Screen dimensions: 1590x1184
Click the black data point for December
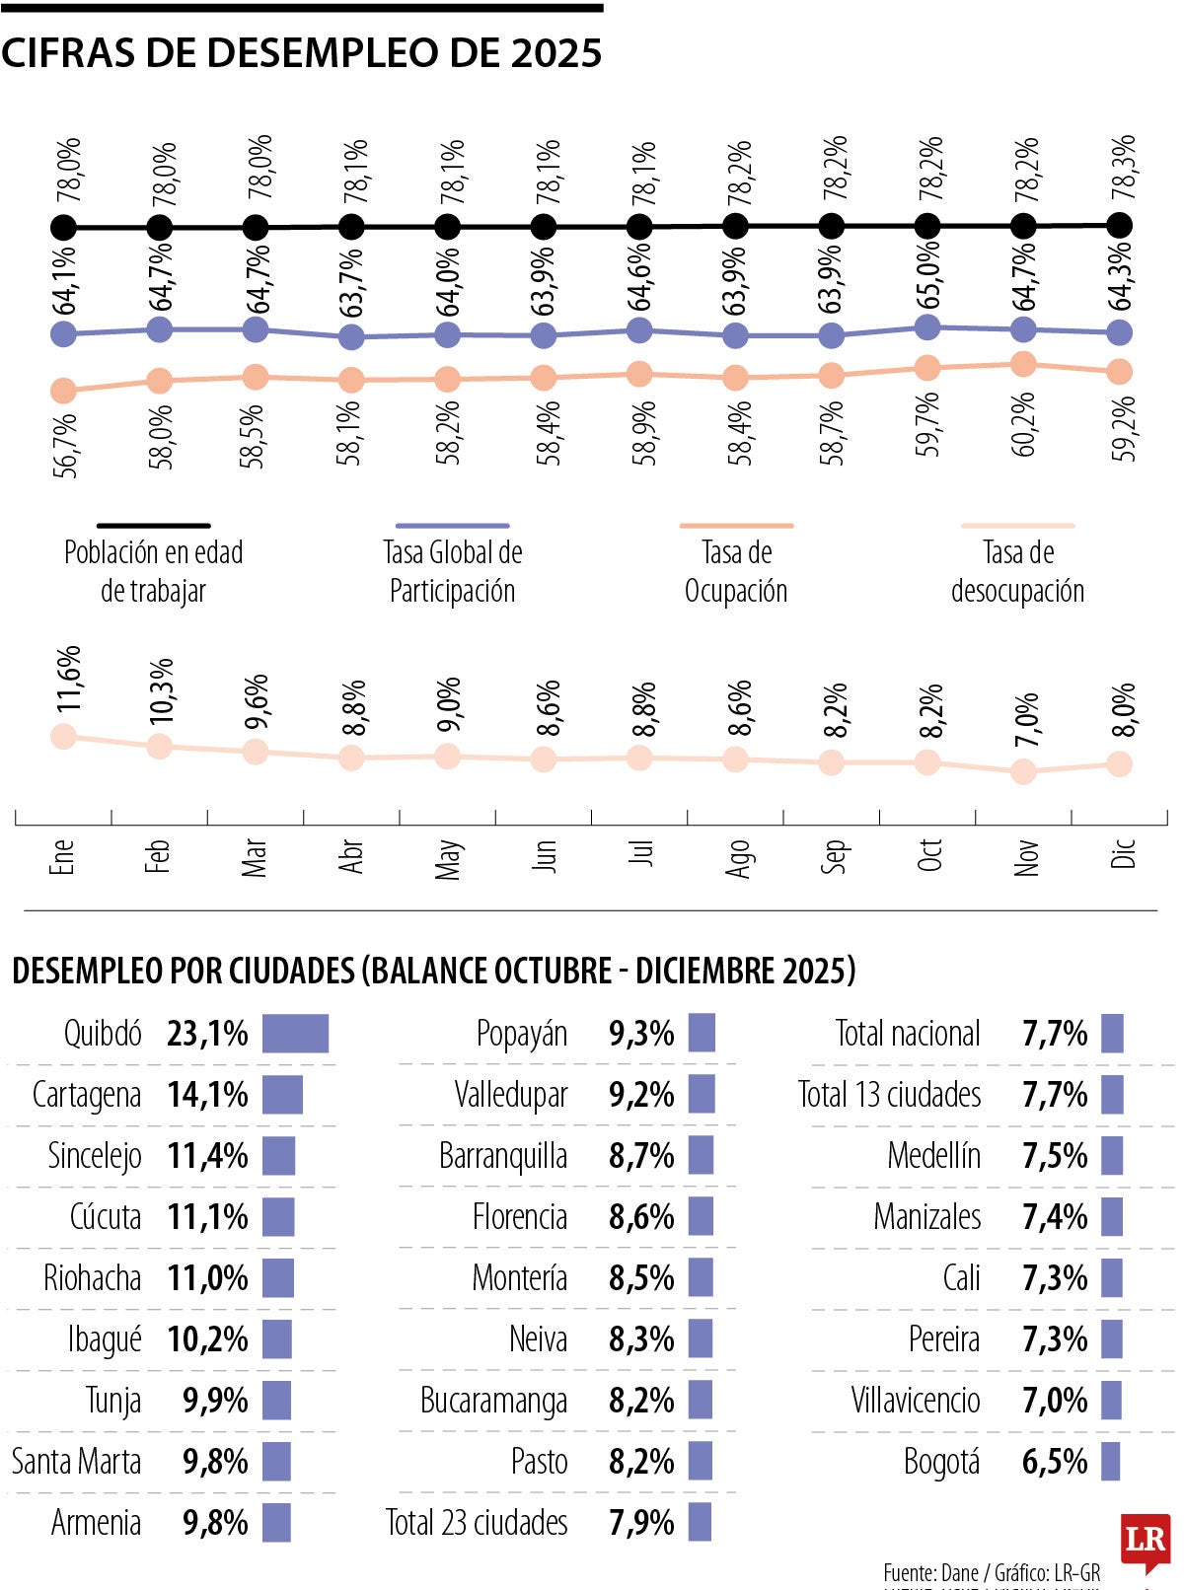click(1119, 225)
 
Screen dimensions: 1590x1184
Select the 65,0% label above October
click(928, 275)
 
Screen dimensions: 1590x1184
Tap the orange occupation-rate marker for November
click(1023, 364)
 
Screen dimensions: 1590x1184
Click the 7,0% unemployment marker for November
click(1023, 771)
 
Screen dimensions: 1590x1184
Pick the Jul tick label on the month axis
click(641, 853)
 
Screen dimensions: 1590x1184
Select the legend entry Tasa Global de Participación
click(452, 570)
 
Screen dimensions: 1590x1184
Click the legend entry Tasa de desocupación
click(1017, 570)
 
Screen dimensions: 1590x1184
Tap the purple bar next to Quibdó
click(295, 1034)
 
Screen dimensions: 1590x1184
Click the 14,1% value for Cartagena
click(207, 1095)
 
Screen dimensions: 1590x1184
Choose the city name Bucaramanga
click(493, 1401)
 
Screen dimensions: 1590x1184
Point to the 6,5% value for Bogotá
click(1055, 1462)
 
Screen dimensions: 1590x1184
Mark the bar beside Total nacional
click(1112, 1034)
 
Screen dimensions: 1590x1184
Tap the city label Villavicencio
click(916, 1401)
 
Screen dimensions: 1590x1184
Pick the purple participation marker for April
click(350, 337)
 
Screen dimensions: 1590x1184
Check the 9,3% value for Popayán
click(641, 1034)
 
